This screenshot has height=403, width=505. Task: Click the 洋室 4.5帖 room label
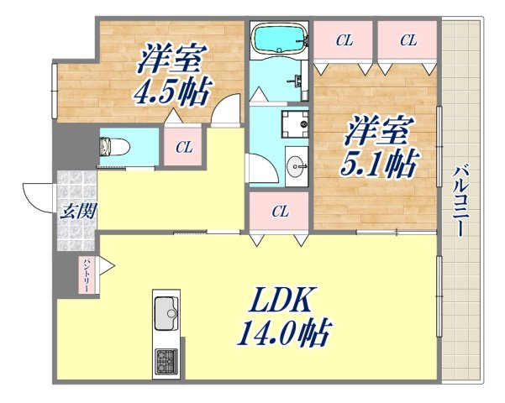click(175, 74)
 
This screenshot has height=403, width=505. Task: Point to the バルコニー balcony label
click(460, 201)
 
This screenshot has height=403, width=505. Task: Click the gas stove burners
click(165, 362)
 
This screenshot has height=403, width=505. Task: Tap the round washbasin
click(297, 165)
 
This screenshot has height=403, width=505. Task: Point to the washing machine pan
click(295, 124)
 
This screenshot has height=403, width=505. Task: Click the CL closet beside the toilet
click(183, 148)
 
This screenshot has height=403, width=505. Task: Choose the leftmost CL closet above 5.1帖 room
click(343, 39)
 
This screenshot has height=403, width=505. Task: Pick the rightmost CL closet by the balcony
click(408, 39)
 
